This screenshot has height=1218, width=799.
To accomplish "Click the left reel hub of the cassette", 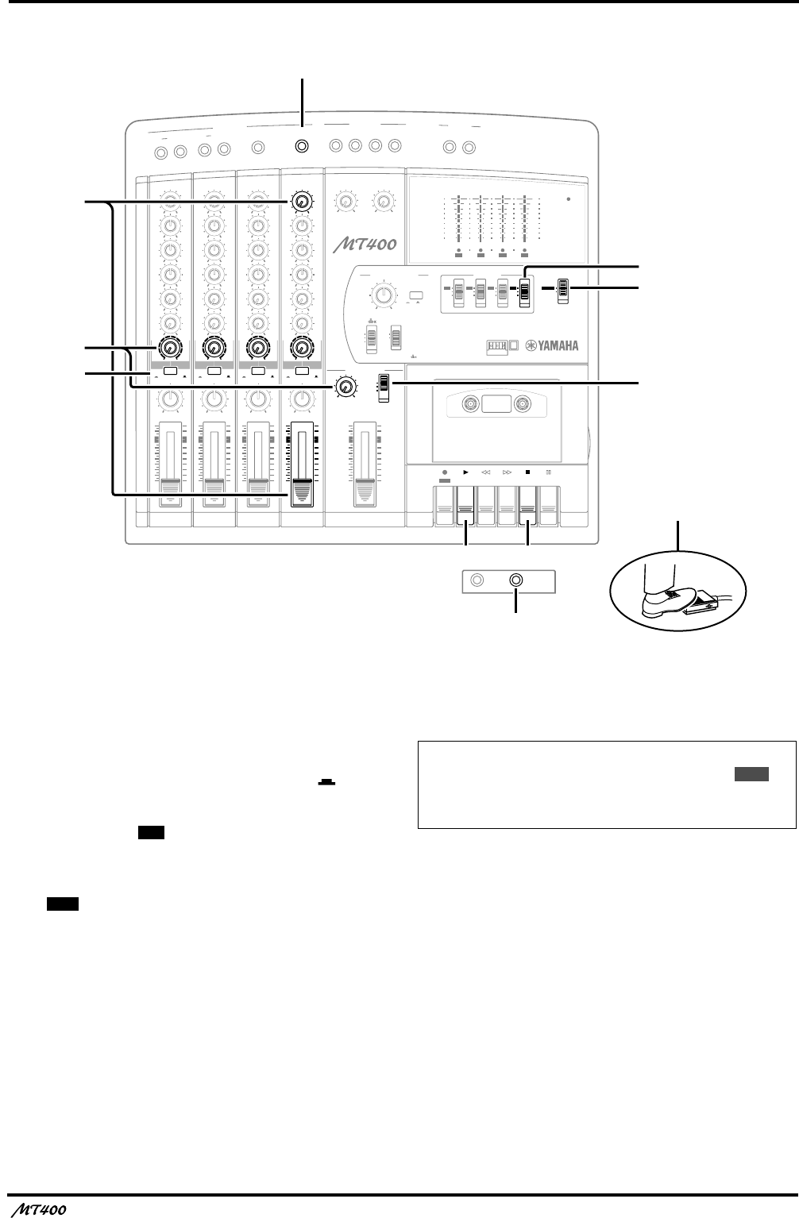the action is pos(470,405).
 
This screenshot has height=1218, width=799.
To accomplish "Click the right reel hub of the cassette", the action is pos(522,405).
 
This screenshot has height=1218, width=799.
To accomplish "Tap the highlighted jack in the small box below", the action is pos(516,580).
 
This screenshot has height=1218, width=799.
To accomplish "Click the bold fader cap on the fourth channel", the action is pos(302,493).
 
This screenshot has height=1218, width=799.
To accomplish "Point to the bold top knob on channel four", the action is pos(300,202).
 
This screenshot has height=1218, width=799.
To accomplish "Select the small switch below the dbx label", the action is pos(370,337).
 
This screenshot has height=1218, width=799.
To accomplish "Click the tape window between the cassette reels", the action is pos(496,404).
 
